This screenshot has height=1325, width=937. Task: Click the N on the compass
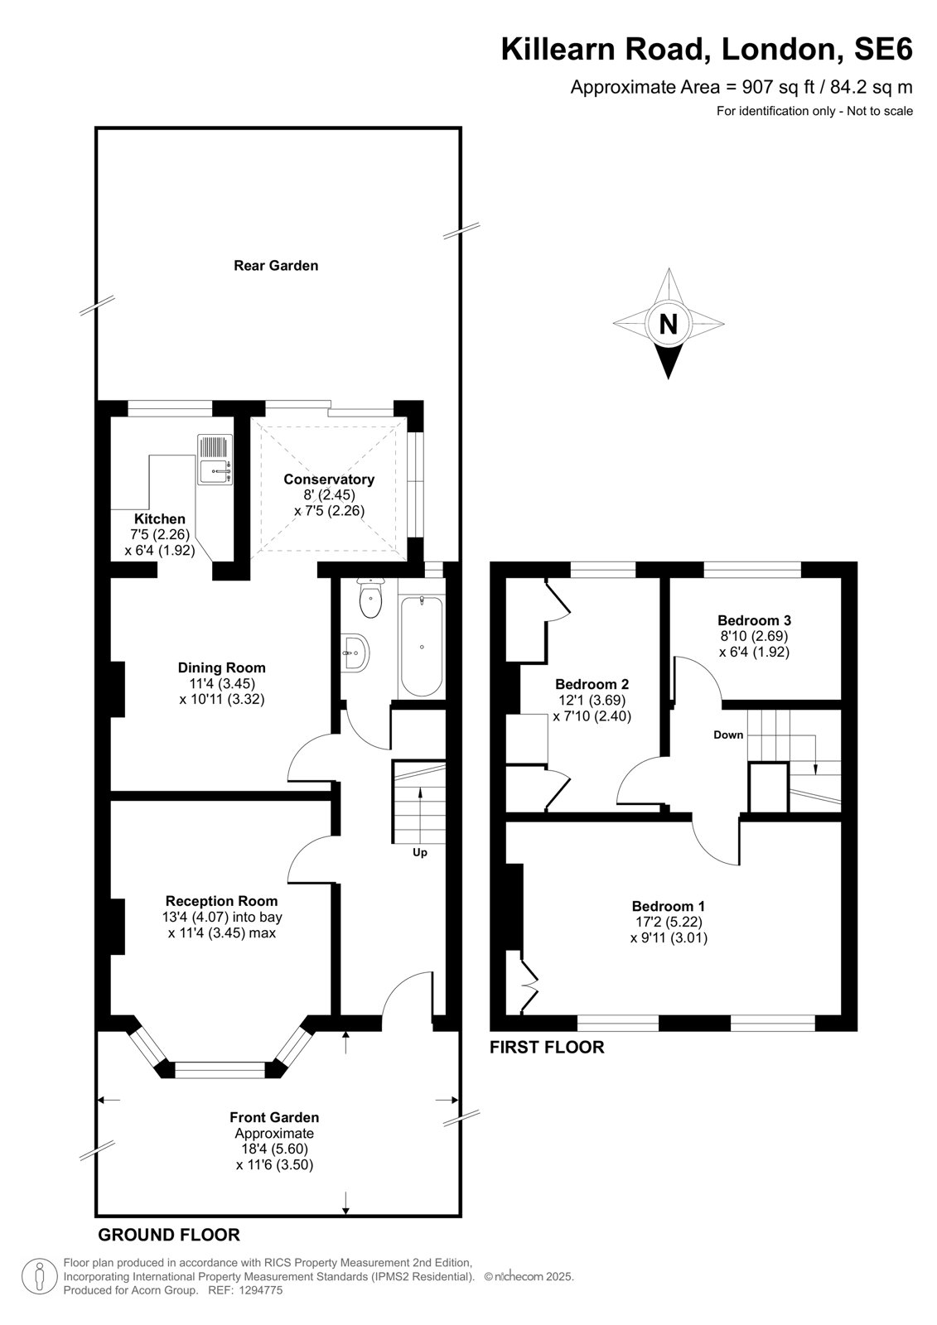668,324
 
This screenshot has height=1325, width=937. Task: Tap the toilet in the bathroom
370,598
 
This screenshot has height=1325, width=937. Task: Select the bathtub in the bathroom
422,647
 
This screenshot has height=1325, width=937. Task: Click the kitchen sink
215,460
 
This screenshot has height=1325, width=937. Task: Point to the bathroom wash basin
355,653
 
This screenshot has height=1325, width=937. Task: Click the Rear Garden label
276,266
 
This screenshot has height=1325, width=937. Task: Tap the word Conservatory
329,479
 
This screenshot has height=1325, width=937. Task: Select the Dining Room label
221,667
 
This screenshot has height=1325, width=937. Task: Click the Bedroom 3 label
754,620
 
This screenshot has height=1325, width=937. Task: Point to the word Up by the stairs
420,852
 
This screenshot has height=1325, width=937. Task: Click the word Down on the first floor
728,735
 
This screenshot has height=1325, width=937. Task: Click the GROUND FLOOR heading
169,1235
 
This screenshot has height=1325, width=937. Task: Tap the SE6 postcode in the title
883,49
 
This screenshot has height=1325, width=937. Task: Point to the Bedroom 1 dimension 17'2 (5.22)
669,922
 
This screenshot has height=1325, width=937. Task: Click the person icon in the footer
38,1277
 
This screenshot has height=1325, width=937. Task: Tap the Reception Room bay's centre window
220,1069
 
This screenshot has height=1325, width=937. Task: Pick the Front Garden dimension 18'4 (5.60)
274,1149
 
